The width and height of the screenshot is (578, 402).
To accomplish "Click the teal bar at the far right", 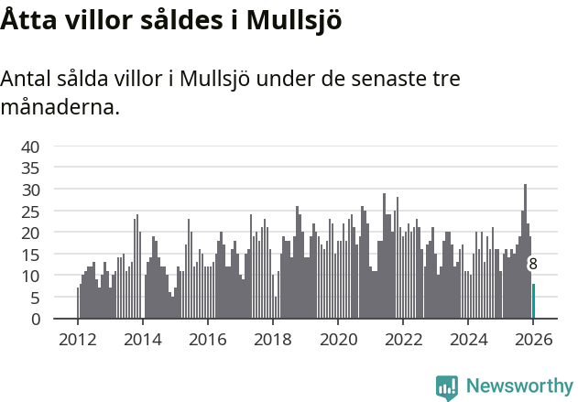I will [x=533, y=301].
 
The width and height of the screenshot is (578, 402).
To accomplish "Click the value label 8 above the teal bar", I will [x=532, y=265].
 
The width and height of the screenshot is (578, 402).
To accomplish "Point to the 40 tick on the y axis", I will [x=30, y=147].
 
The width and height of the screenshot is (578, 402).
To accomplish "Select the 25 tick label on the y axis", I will [x=30, y=211].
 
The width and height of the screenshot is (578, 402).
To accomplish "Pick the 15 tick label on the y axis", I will [x=30, y=254].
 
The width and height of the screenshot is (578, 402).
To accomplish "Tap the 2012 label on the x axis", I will [x=77, y=338].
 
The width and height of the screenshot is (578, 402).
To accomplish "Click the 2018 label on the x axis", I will [x=272, y=338].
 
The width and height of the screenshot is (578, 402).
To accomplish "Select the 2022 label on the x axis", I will [x=403, y=338].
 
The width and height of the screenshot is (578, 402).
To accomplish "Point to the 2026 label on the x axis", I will [x=533, y=338].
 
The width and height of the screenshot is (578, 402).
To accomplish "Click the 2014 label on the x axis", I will [x=142, y=338].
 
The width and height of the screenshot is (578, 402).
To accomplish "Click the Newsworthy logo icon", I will [x=447, y=386].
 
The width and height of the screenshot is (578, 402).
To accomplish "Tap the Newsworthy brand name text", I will [x=518, y=386].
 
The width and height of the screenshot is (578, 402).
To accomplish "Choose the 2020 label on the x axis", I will [x=338, y=338].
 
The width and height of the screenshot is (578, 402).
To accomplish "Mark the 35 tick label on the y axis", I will [x=30, y=168].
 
